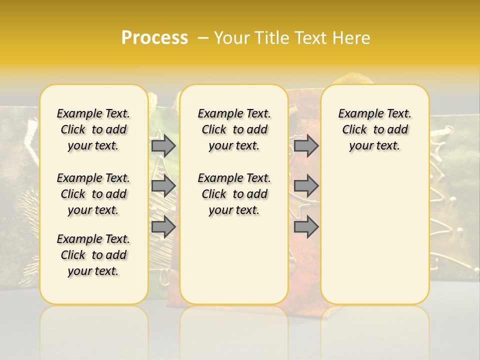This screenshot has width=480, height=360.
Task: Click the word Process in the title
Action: tap(154, 37)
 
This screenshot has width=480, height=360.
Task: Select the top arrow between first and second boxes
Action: tap(163, 146)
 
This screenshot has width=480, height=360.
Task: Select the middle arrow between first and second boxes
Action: tap(163, 186)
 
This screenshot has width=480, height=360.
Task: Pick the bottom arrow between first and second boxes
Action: tap(163, 227)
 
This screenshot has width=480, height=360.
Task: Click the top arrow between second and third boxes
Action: tap(306, 146)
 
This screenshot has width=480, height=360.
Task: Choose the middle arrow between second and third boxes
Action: tap(306, 186)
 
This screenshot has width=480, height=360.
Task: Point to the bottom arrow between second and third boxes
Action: tap(306, 227)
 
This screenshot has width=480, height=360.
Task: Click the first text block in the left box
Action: tap(93, 129)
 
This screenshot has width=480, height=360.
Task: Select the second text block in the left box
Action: tap(93, 194)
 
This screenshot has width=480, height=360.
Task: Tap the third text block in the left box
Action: tap(93, 255)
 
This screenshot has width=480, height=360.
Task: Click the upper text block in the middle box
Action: tap(234, 129)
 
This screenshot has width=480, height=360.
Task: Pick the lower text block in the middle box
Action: tap(234, 194)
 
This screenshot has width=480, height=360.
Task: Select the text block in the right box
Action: tap(375, 129)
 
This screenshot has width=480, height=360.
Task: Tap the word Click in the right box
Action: tap(354, 130)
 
